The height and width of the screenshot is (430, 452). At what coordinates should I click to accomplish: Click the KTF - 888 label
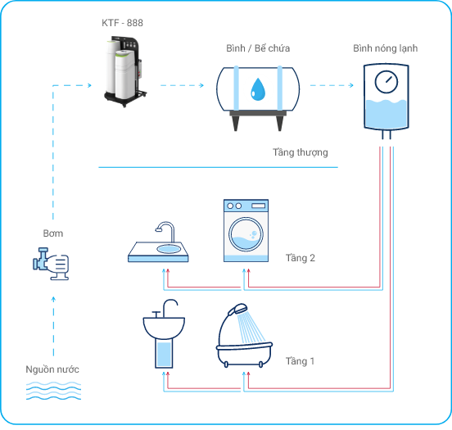tap(122, 23)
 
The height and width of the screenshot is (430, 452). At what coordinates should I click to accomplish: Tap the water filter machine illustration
tap(125, 71)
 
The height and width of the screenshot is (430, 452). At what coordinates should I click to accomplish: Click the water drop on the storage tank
tap(258, 89)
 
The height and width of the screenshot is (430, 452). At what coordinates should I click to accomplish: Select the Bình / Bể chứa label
tap(258, 48)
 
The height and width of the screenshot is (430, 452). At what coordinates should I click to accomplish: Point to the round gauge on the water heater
tap(386, 82)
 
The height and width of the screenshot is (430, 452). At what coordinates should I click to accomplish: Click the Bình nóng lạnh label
tap(385, 48)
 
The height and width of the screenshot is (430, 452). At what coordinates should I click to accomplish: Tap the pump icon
tap(51, 264)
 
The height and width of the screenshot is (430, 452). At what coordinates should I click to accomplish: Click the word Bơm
tap(53, 233)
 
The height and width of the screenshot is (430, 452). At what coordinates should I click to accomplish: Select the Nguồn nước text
tap(52, 369)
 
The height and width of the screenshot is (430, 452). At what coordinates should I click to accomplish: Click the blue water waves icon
tap(53, 391)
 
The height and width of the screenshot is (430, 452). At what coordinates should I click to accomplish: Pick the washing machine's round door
tap(246, 234)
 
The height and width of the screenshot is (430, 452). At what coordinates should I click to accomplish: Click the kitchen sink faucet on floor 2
tap(165, 231)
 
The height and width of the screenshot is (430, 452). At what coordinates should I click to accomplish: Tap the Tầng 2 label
tap(300, 258)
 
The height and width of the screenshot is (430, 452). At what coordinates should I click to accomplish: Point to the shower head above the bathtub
tap(237, 309)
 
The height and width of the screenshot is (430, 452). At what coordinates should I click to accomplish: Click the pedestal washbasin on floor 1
tap(164, 334)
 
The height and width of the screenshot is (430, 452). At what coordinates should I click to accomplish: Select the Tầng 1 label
tap(300, 361)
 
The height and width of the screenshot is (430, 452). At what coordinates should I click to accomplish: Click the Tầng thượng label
tap(301, 152)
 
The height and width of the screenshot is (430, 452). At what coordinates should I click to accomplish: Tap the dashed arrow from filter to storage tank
tap(182, 85)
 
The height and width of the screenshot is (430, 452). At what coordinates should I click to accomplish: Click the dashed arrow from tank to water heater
tap(332, 85)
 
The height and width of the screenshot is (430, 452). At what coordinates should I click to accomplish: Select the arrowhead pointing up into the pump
tap(53, 299)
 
